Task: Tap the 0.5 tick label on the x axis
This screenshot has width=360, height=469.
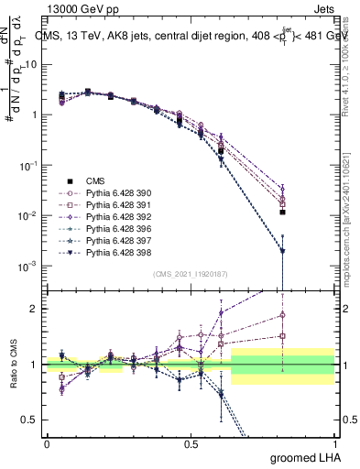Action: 191,443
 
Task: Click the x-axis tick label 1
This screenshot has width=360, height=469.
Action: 334,443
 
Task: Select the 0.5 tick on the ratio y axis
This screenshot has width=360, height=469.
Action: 31,420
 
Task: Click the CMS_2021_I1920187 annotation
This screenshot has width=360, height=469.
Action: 189,274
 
